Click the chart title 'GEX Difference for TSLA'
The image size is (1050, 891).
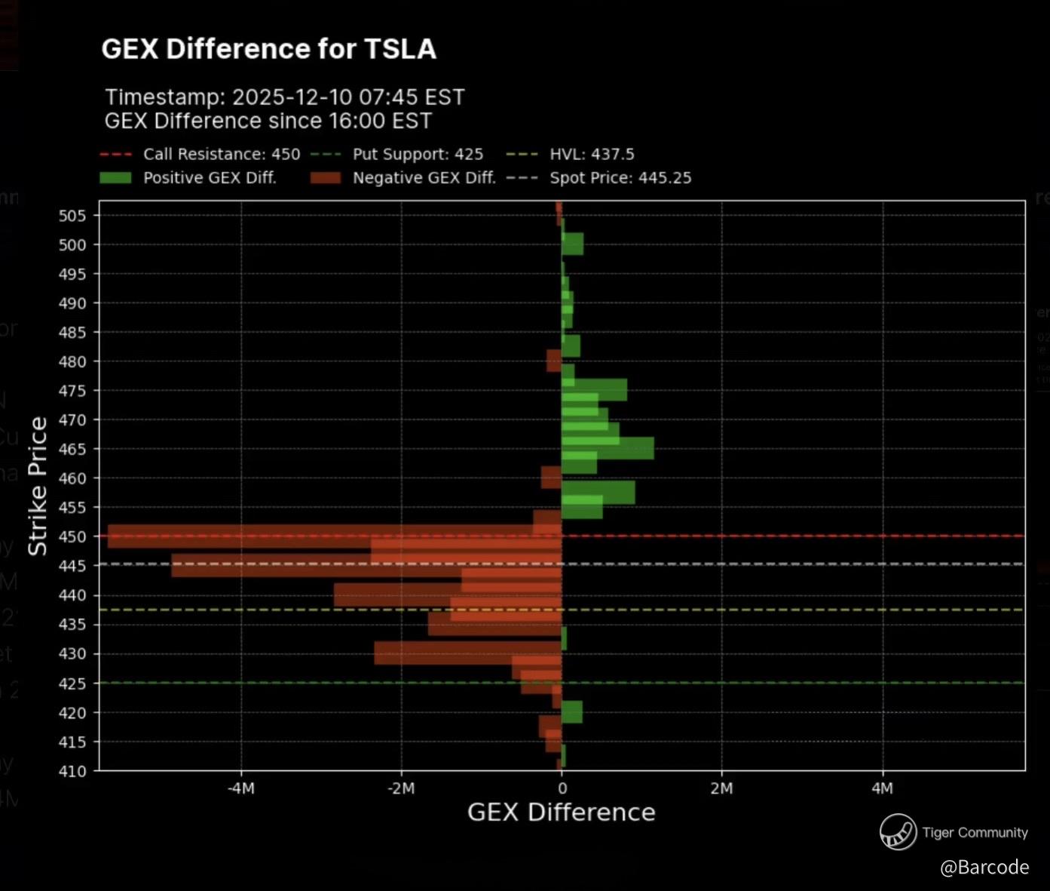coord(268,49)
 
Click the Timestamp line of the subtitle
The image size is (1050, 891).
coord(284,97)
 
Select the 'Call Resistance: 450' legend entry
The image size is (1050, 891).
coord(222,155)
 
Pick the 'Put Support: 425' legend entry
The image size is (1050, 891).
coord(418,155)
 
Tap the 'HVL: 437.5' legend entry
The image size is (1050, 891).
coord(592,155)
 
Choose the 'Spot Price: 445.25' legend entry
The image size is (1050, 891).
coord(620,178)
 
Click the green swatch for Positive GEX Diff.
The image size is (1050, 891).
coord(115,178)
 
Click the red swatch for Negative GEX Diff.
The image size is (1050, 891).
coord(325,178)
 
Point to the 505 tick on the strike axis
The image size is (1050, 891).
coord(72,216)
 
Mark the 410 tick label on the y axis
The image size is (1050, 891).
coord(72,771)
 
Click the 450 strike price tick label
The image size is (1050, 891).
coord(72,537)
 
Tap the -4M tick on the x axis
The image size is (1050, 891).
coord(240,788)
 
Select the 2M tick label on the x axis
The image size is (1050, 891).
coord(721,788)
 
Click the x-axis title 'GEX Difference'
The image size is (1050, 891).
coord(561,813)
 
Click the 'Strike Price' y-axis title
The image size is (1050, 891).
coord(38,487)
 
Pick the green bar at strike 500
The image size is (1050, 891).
coord(573,244)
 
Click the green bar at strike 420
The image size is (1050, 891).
coord(572,712)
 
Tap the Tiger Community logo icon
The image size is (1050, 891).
coord(898,832)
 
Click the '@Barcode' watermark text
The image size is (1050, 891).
coord(984,868)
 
